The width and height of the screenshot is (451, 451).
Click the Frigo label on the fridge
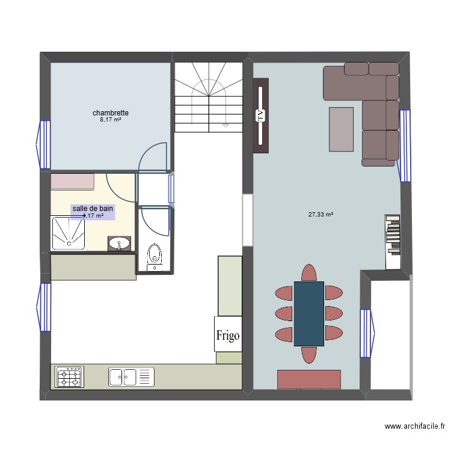coord(228,335)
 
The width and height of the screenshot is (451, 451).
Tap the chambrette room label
coord(111,113)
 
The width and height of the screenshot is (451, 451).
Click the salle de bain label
coord(93,209)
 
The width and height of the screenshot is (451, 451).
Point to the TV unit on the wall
coord(260,115)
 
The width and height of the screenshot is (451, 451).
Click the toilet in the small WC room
coord(155,255)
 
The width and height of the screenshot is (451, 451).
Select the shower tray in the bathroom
coord(70,233)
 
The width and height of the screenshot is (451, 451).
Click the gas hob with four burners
coord(70,378)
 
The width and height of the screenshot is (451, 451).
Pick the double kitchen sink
coord(123,377)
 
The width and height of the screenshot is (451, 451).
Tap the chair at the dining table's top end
coord(308,272)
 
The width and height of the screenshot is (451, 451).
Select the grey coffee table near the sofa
coord(341,129)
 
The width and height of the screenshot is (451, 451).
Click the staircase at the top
coord(208,96)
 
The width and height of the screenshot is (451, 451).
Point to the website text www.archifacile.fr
coord(414,426)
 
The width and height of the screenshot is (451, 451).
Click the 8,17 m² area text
coord(111,120)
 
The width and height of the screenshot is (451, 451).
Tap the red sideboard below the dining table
coord(308,379)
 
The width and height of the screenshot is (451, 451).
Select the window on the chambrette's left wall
coord(44,144)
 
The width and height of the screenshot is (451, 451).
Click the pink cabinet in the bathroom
coord(72,181)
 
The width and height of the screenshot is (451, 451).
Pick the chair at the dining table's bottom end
coord(309,355)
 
